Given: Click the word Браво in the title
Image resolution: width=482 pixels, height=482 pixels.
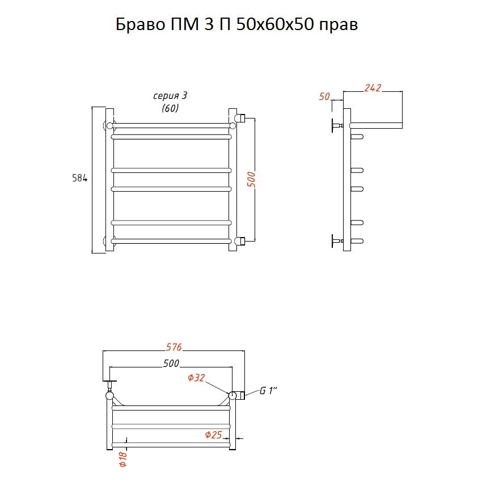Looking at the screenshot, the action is click(x=141, y=24).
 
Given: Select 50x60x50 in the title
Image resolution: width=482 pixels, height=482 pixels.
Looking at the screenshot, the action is click(x=275, y=24).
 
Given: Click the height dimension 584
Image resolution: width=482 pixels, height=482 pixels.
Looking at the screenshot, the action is click(x=79, y=178).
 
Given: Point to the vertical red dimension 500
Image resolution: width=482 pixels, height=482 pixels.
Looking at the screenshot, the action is click(x=251, y=180).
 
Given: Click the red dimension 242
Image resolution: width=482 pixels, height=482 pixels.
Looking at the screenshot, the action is click(x=373, y=88).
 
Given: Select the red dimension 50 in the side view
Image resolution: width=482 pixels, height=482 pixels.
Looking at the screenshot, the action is click(x=324, y=96).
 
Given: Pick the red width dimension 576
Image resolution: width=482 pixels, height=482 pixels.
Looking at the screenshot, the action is click(x=174, y=347).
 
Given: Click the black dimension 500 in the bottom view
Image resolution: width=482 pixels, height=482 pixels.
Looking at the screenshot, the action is click(x=171, y=363).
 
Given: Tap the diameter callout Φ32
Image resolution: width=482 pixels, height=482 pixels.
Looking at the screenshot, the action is click(x=196, y=378).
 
